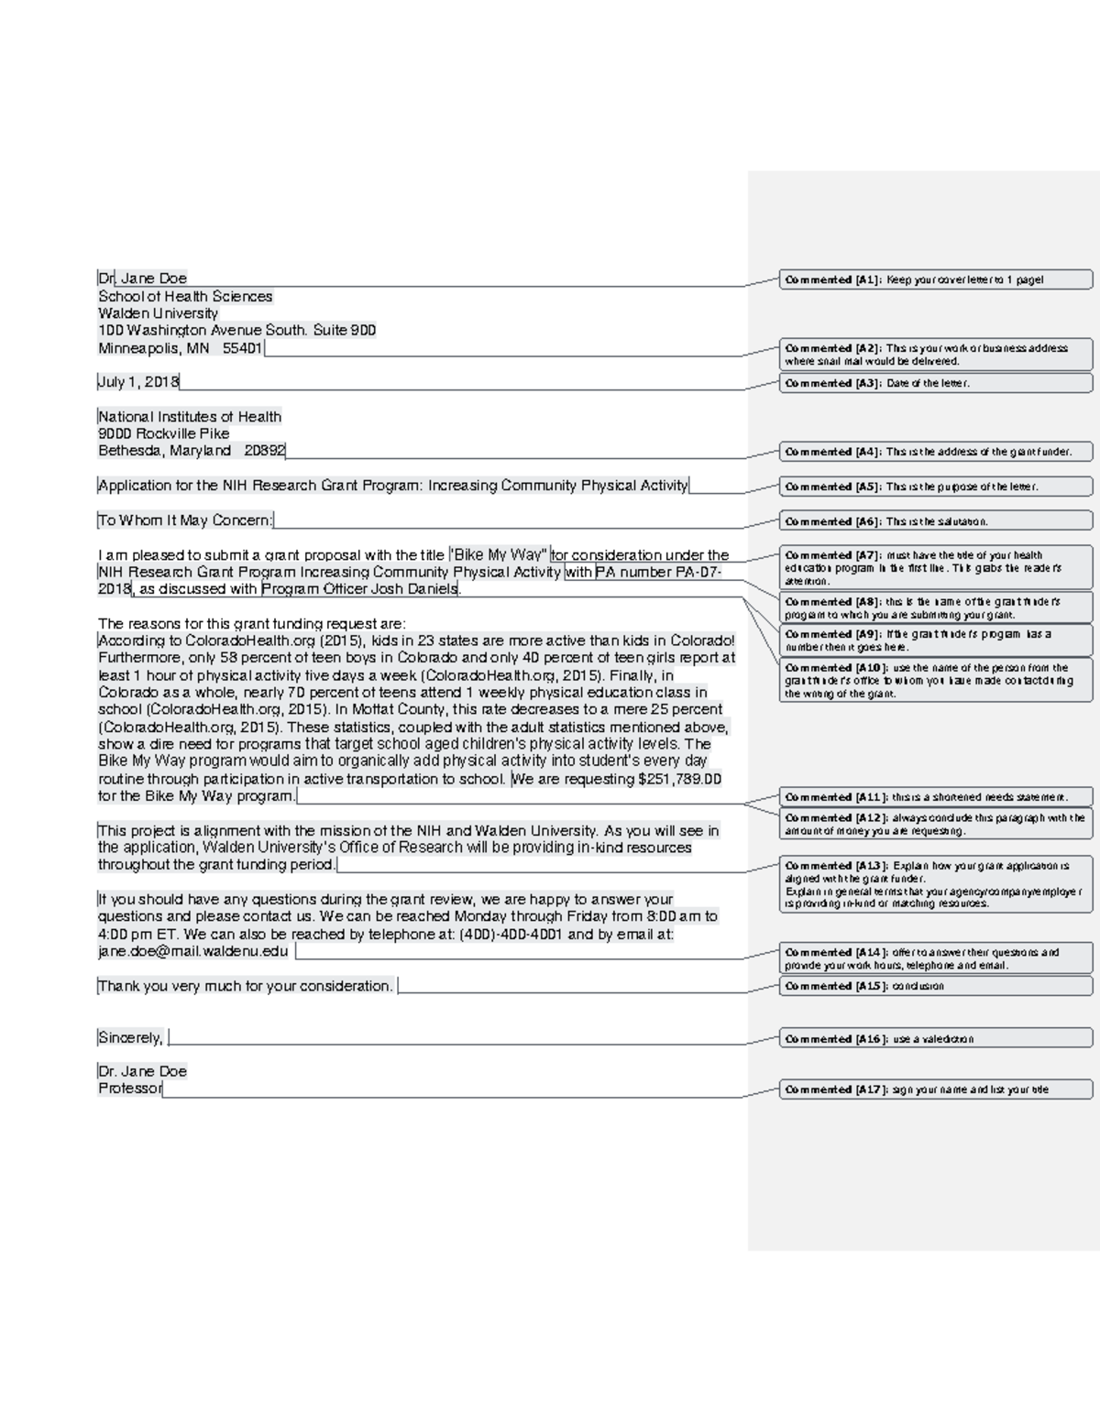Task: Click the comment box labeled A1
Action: click(x=935, y=279)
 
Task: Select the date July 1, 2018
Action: click(x=139, y=382)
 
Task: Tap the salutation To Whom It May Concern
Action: click(x=185, y=520)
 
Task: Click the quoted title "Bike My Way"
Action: click(x=499, y=555)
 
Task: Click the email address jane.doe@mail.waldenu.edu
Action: click(x=193, y=951)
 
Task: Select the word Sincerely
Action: click(x=130, y=1037)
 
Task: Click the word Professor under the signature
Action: click(x=130, y=1089)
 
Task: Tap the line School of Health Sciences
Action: click(x=185, y=296)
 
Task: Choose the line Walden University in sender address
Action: click(x=159, y=313)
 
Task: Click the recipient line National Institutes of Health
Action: click(x=190, y=417)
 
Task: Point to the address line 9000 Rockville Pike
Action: click(x=164, y=433)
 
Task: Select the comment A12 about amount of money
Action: click(x=935, y=824)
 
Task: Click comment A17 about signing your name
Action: click(x=935, y=1089)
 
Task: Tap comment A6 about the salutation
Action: click(x=935, y=521)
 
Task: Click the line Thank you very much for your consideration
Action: click(x=246, y=986)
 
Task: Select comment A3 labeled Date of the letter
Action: click(x=935, y=383)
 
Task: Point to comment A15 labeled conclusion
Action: click(x=935, y=986)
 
